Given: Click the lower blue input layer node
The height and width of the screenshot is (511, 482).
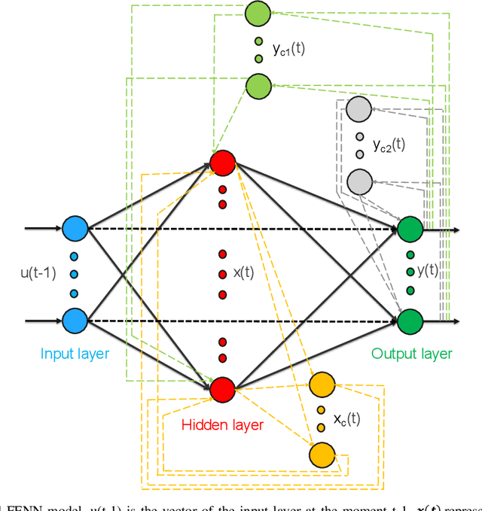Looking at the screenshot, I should click(75, 320).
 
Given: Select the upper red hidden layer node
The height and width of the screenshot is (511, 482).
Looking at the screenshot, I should click(222, 163).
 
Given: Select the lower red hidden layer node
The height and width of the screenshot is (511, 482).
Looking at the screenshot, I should click(222, 389).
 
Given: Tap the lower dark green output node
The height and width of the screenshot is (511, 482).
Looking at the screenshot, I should click(410, 320).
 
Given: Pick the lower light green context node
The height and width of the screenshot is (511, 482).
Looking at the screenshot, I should click(258, 85).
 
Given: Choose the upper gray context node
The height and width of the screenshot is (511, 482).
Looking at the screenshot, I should click(358, 111).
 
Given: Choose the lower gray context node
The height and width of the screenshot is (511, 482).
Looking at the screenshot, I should click(358, 181).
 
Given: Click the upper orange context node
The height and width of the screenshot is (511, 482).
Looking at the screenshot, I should click(322, 384).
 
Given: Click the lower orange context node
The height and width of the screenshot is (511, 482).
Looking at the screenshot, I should click(322, 455).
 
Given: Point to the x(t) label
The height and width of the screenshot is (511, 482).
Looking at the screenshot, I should click(244, 274).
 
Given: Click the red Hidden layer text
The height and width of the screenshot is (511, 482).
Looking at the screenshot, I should click(222, 425).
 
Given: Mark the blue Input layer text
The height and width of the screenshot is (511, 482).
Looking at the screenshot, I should click(75, 354).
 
